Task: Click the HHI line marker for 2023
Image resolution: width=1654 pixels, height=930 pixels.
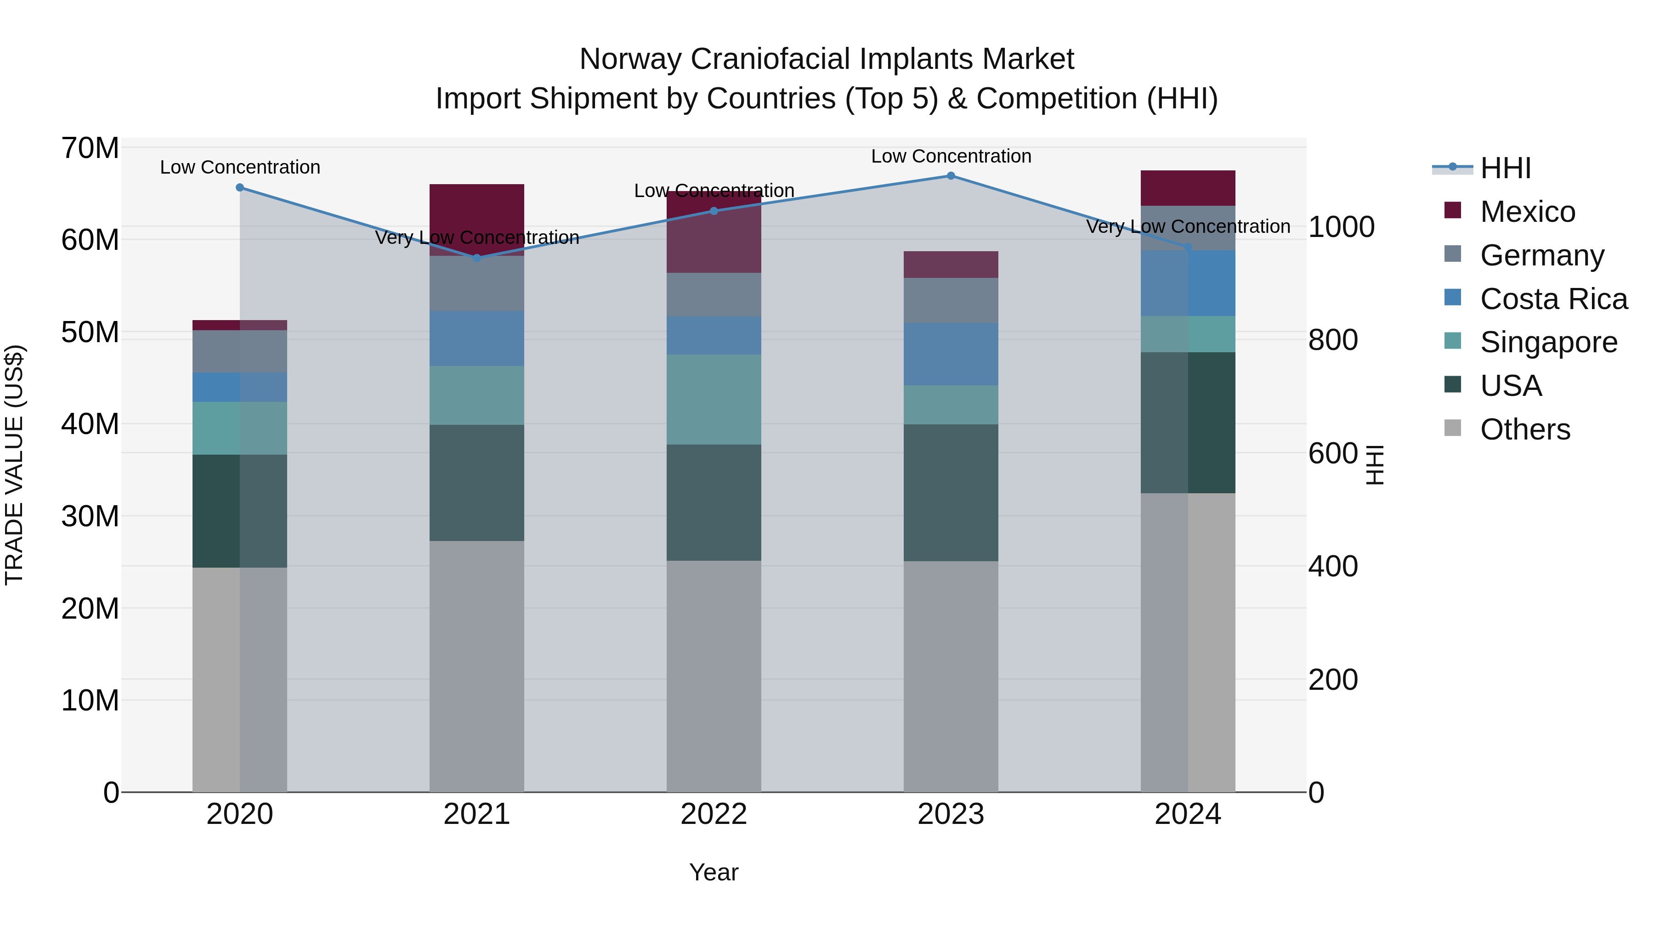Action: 951,176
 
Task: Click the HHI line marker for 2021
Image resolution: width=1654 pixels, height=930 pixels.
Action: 476,258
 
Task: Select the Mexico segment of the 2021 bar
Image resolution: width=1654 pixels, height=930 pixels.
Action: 476,220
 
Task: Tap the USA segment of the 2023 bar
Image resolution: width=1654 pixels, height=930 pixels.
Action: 951,492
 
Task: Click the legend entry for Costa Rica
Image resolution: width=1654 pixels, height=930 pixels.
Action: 1553,299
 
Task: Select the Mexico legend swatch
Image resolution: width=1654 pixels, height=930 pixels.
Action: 1452,210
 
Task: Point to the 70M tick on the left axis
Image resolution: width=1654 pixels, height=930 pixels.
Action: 90,148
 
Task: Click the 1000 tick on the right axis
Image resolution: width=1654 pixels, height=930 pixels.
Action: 1341,227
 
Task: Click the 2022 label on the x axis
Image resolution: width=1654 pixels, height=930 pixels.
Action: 714,814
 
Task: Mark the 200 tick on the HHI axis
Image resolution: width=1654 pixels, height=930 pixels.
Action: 1333,680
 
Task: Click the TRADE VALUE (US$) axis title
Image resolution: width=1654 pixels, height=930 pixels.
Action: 15,465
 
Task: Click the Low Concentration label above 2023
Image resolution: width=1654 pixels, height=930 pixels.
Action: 951,156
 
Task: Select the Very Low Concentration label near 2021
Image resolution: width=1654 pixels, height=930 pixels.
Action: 476,237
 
